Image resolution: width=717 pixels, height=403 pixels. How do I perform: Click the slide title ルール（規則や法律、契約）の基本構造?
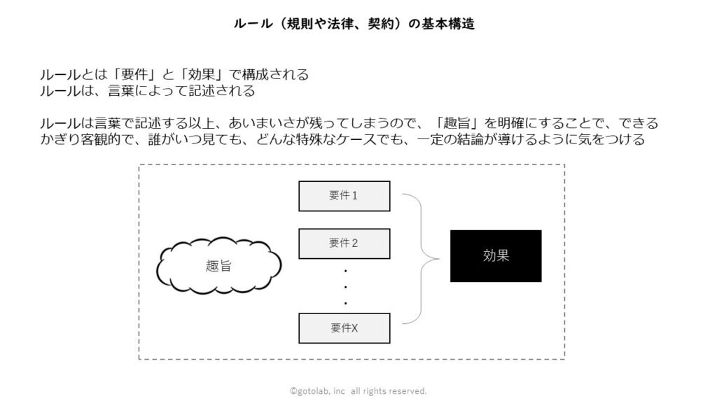click(354, 24)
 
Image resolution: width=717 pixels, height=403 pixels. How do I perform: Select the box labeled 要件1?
click(344, 196)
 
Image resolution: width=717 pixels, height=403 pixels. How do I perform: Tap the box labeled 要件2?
click(344, 243)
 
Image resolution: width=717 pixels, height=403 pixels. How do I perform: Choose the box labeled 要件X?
click(344, 328)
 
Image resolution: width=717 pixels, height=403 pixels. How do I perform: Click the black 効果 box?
click(496, 256)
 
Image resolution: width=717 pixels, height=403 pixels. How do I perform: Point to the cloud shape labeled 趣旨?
click(218, 265)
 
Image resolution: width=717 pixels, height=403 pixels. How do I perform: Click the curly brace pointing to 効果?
click(421, 259)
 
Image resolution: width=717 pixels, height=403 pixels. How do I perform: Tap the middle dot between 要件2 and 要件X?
click(346, 287)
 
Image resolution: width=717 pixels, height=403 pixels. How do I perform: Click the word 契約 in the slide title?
click(382, 24)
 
